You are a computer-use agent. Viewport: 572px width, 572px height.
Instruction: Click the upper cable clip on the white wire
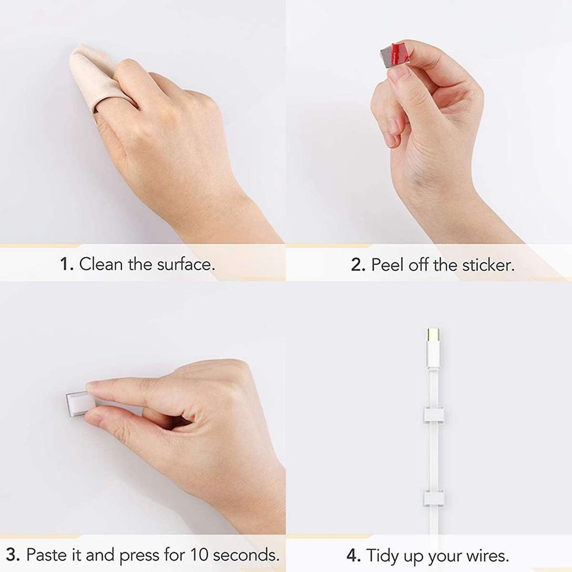coord(434,415)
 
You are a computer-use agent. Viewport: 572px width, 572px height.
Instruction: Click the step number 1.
coord(66,264)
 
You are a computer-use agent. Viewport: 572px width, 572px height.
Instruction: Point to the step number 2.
coord(357,265)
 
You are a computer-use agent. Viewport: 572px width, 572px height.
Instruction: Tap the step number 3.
coord(13,555)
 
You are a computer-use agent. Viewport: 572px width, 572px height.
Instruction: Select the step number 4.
coord(353,556)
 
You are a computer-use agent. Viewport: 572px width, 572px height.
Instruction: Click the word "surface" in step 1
coord(186,264)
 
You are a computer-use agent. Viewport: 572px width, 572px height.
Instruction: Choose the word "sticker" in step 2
coord(488,265)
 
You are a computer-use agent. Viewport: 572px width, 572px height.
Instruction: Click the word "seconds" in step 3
coord(245,555)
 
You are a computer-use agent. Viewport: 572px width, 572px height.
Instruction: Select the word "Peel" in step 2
coord(387,265)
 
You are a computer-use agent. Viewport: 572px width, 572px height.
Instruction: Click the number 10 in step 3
coord(199,555)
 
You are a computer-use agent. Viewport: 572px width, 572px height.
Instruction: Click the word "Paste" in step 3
coord(47,555)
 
